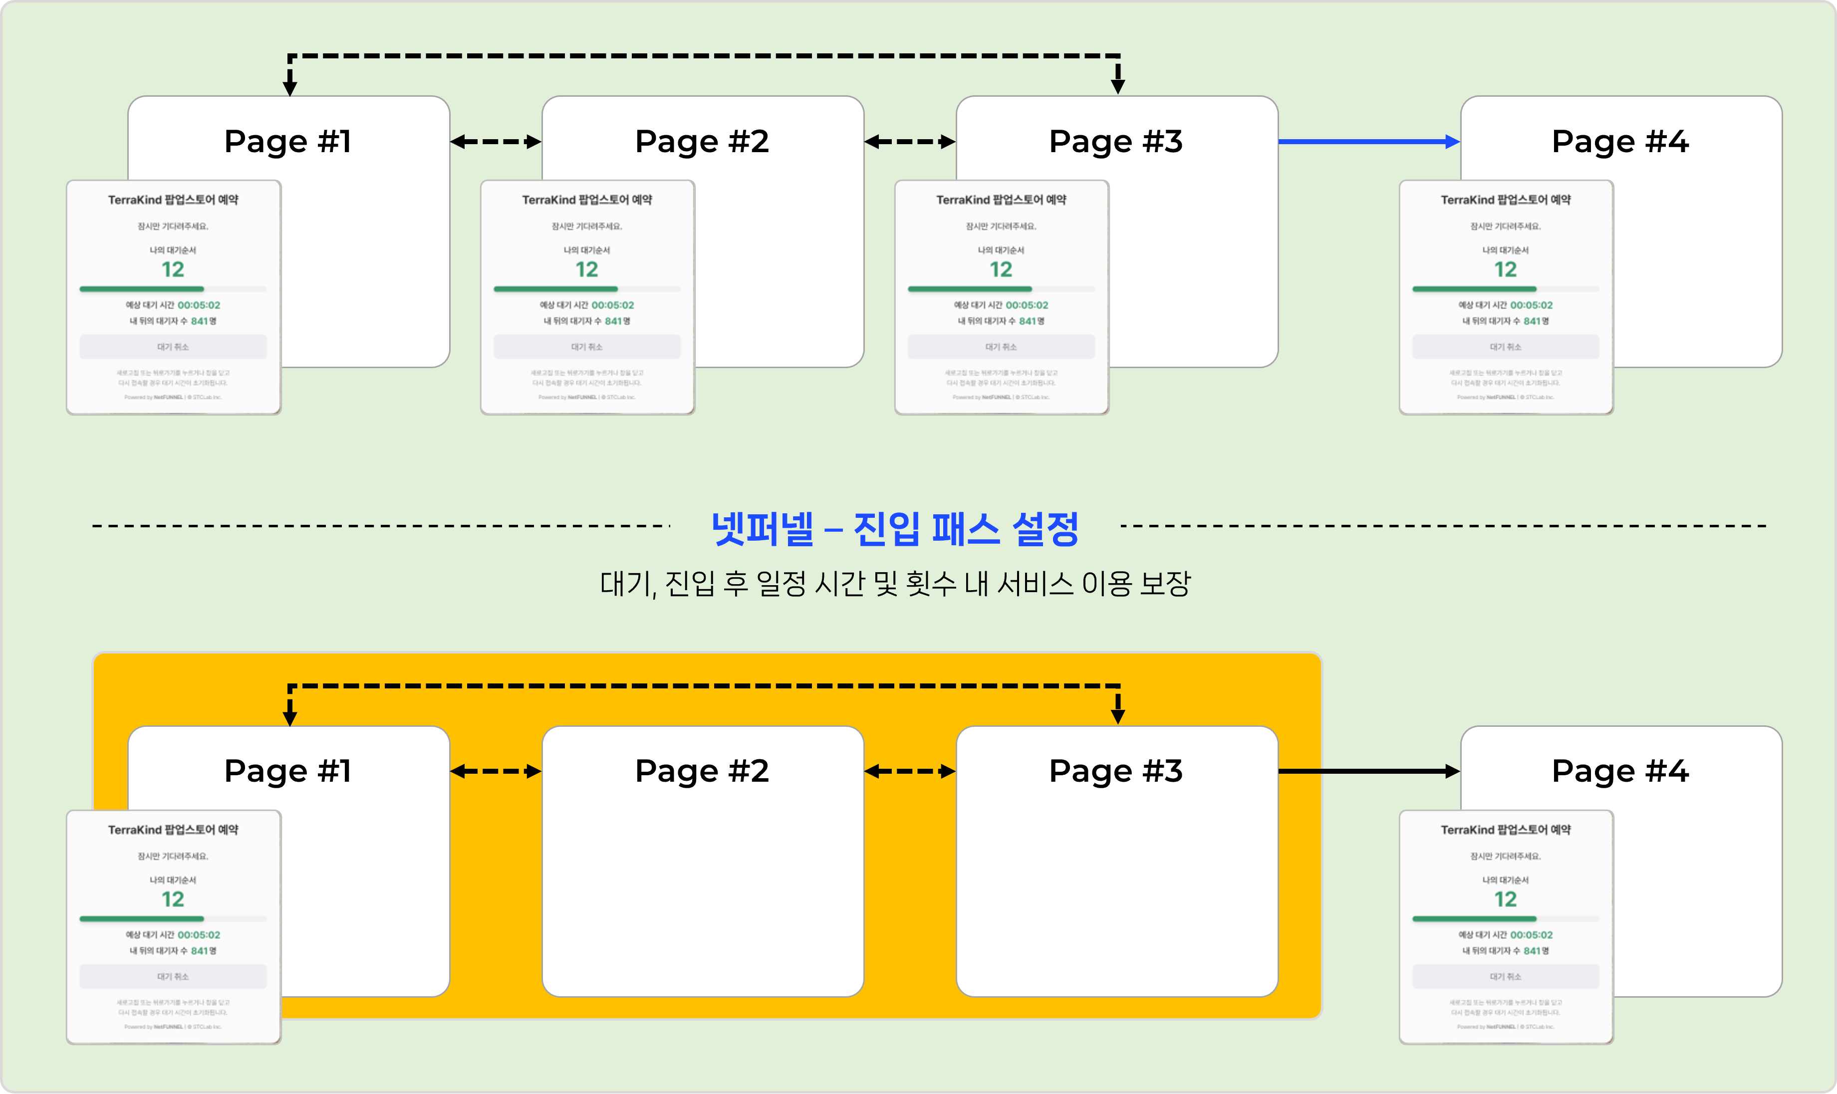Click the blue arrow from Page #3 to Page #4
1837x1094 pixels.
tap(1368, 142)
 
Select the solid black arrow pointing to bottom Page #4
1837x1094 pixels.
tap(1368, 771)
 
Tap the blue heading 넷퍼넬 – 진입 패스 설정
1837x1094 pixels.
tap(894, 529)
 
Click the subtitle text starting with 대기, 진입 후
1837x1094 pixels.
tap(894, 584)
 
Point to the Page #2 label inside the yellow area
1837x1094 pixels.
tap(702, 771)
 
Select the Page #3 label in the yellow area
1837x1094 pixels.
tap(1116, 771)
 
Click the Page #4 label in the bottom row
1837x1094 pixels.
tap(1620, 771)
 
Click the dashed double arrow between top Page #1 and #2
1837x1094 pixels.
tap(496, 142)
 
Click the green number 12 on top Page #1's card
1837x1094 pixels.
tap(173, 270)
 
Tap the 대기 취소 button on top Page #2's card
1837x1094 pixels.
tap(587, 347)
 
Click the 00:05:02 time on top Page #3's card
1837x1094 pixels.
tap(1027, 305)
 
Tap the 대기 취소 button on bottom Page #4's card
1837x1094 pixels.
tap(1505, 977)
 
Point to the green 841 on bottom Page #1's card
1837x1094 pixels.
tap(199, 951)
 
